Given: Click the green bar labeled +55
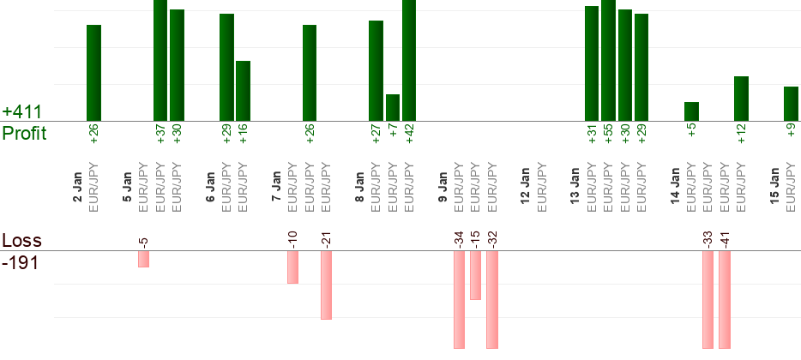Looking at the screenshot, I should [x=609, y=60].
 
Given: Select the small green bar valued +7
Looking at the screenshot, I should [x=393, y=108].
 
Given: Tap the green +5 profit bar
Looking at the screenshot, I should [x=691, y=111].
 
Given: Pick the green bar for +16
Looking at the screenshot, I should [x=243, y=91].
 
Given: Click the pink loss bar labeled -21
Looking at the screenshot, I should [x=326, y=285].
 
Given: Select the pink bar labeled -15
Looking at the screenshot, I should [x=475, y=275].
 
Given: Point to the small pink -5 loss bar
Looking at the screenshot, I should [x=143, y=259].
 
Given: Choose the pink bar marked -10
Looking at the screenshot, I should [x=292, y=267].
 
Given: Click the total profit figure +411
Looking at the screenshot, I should [x=22, y=112].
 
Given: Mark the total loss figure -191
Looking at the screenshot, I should [x=20, y=263].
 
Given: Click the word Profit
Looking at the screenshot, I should [x=24, y=134].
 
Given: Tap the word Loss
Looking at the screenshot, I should [x=21, y=241].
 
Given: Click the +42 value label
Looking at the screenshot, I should [x=409, y=134].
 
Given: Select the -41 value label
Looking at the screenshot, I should [x=725, y=238].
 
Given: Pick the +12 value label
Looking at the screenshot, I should [x=741, y=134].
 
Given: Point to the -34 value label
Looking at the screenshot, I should [x=459, y=238].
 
